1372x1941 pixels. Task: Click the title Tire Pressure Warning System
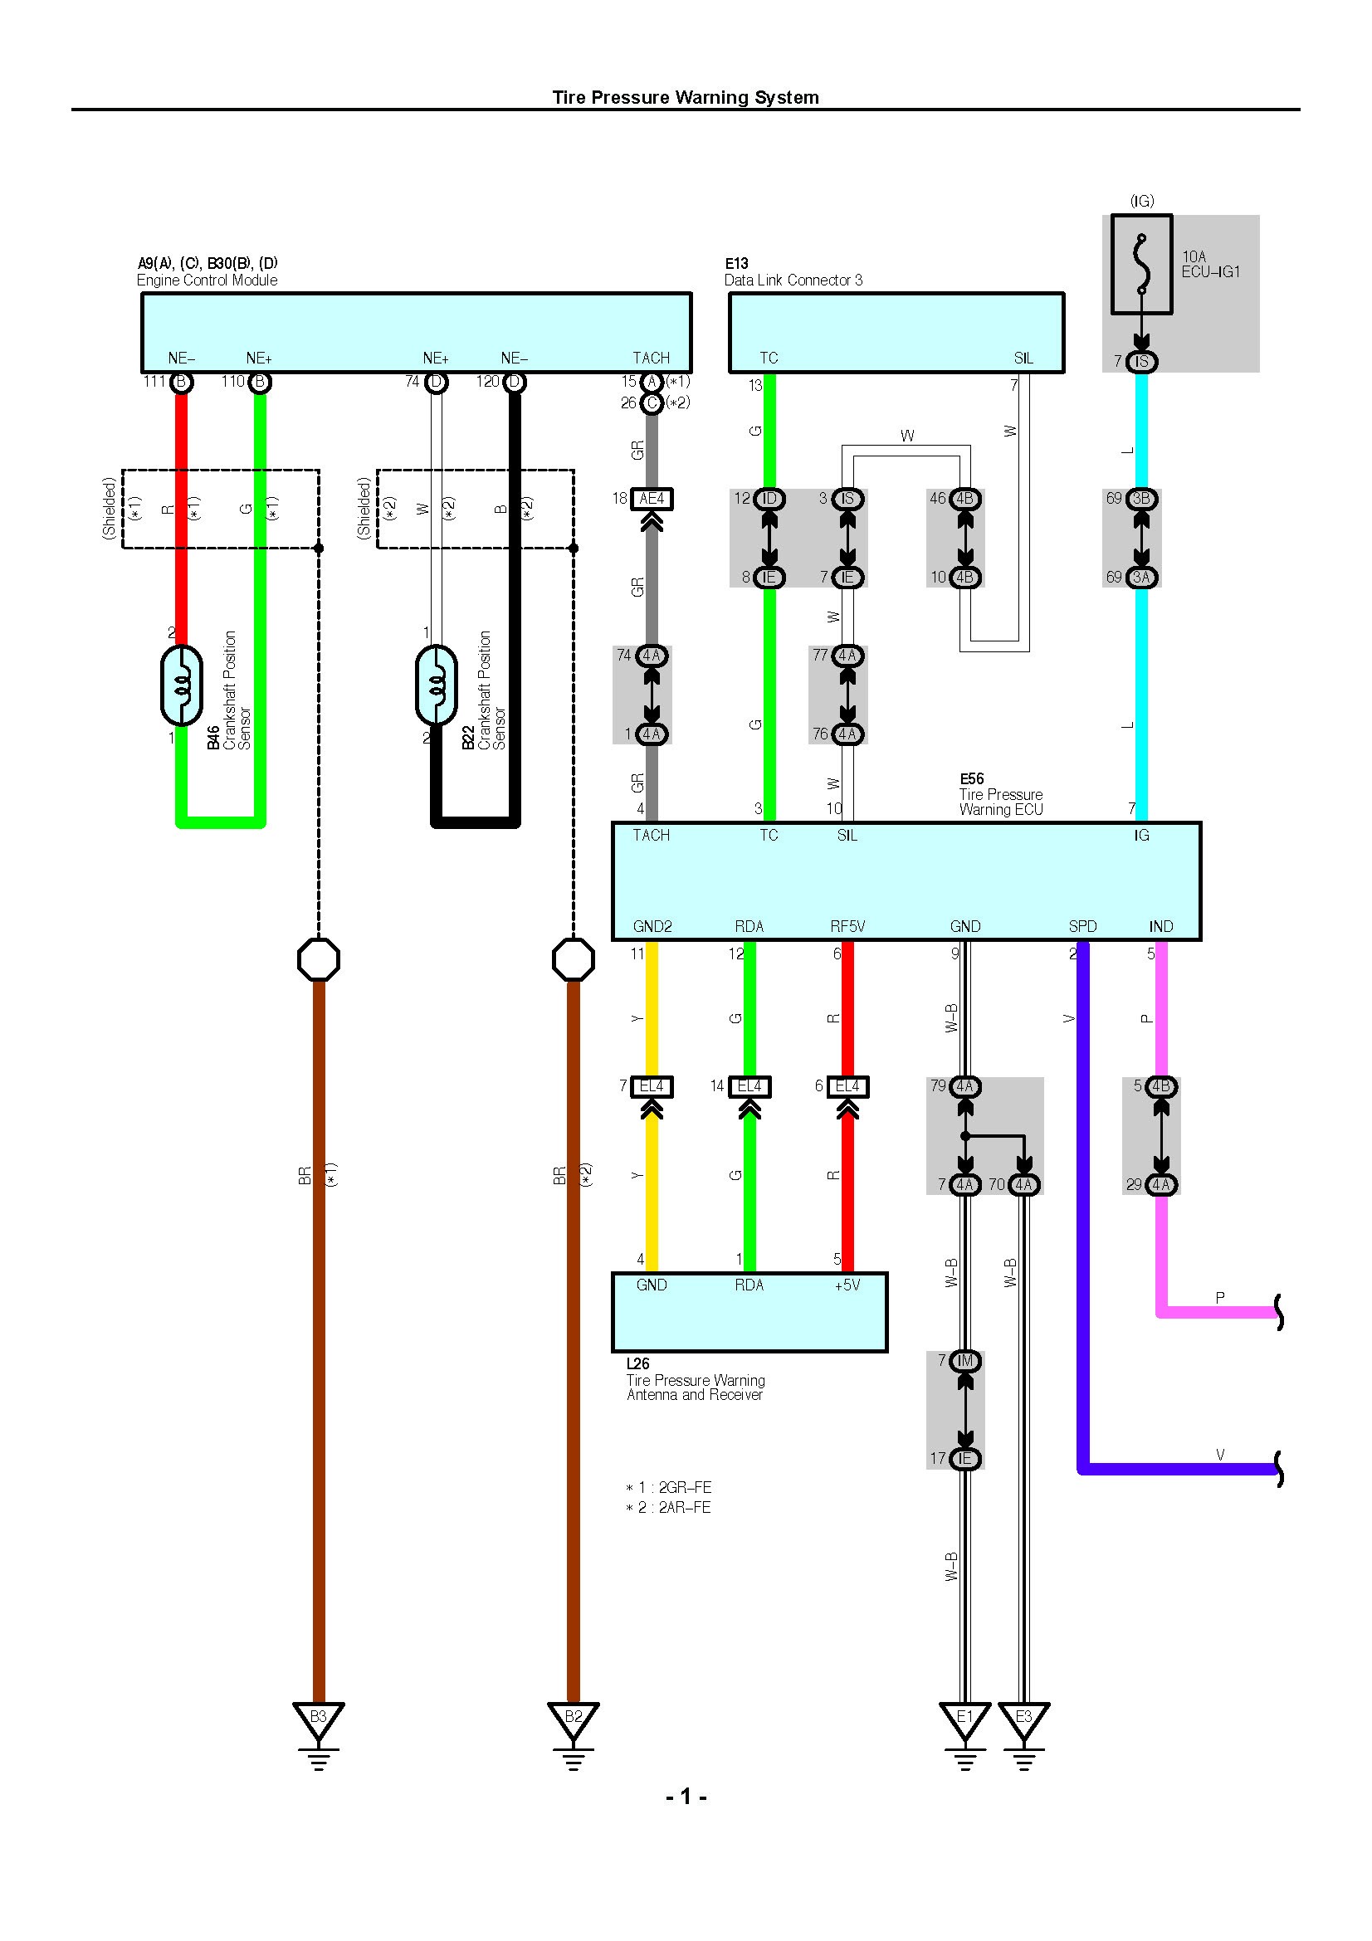click(686, 97)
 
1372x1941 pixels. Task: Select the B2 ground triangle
click(574, 1719)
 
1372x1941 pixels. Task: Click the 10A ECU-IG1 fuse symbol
click(1141, 265)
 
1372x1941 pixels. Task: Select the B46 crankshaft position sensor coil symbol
click(182, 685)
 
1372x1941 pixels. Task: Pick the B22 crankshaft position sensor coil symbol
click(437, 685)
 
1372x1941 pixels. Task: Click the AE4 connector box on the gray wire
click(652, 499)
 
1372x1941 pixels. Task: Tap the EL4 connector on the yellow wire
click(652, 1086)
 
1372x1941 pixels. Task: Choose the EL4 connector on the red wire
click(848, 1086)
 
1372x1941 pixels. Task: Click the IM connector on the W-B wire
click(964, 1361)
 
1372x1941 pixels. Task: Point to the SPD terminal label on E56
click(1082, 927)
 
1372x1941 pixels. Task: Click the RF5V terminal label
click(848, 927)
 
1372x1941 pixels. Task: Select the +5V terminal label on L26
click(847, 1285)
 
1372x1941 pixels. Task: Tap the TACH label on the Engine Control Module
click(651, 358)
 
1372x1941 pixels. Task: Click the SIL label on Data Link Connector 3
click(1023, 358)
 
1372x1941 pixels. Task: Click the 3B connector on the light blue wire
click(1141, 499)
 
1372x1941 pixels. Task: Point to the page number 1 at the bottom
click(686, 1797)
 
